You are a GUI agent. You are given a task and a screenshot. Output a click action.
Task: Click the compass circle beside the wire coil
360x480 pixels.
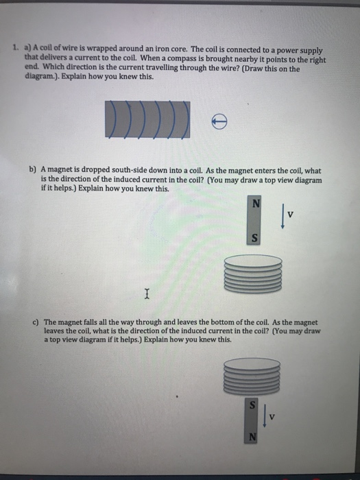pos(219,121)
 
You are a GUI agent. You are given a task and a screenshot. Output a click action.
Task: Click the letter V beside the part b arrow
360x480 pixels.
pos(291,213)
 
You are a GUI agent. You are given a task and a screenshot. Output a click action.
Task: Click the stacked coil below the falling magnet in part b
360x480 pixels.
pos(254,274)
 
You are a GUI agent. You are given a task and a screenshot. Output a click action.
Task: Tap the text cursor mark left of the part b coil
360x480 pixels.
pos(146,295)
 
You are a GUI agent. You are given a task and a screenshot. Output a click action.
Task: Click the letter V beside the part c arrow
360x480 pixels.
pos(272,416)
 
